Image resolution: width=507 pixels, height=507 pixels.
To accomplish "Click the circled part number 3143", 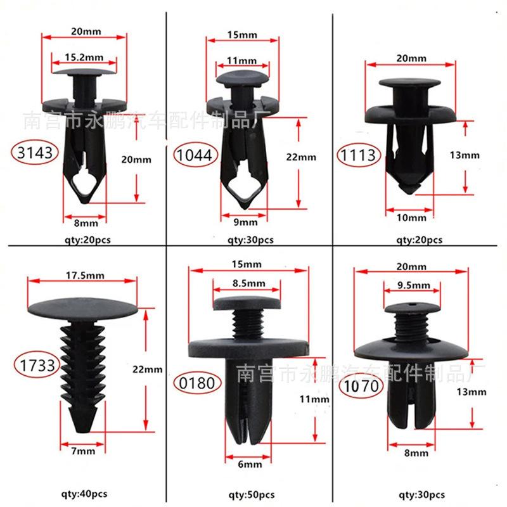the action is (x=35, y=152).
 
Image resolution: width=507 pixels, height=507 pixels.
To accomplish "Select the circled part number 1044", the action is (x=195, y=155).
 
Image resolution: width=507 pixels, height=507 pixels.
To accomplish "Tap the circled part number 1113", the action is (x=359, y=155).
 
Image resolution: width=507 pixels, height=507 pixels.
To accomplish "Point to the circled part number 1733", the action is (x=37, y=366).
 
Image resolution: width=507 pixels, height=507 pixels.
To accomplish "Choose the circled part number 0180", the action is (x=196, y=383).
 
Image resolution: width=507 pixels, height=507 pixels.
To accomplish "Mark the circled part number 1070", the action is (x=361, y=386).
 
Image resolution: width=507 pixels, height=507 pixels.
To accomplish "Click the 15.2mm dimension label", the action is (x=84, y=58).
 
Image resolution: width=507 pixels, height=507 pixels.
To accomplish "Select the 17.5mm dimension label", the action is (x=85, y=276).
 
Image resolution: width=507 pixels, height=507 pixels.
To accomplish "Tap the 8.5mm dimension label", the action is (x=248, y=283).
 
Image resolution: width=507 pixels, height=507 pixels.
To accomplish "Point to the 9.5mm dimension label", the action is (x=414, y=285).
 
